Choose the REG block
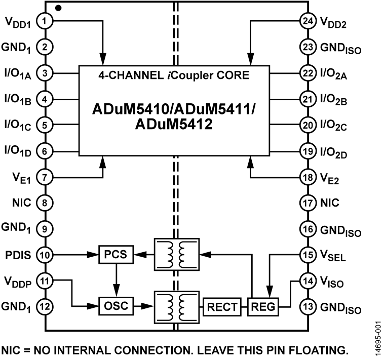click(261, 306)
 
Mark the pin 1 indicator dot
click(58, 8)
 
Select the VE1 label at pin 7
click(18, 177)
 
